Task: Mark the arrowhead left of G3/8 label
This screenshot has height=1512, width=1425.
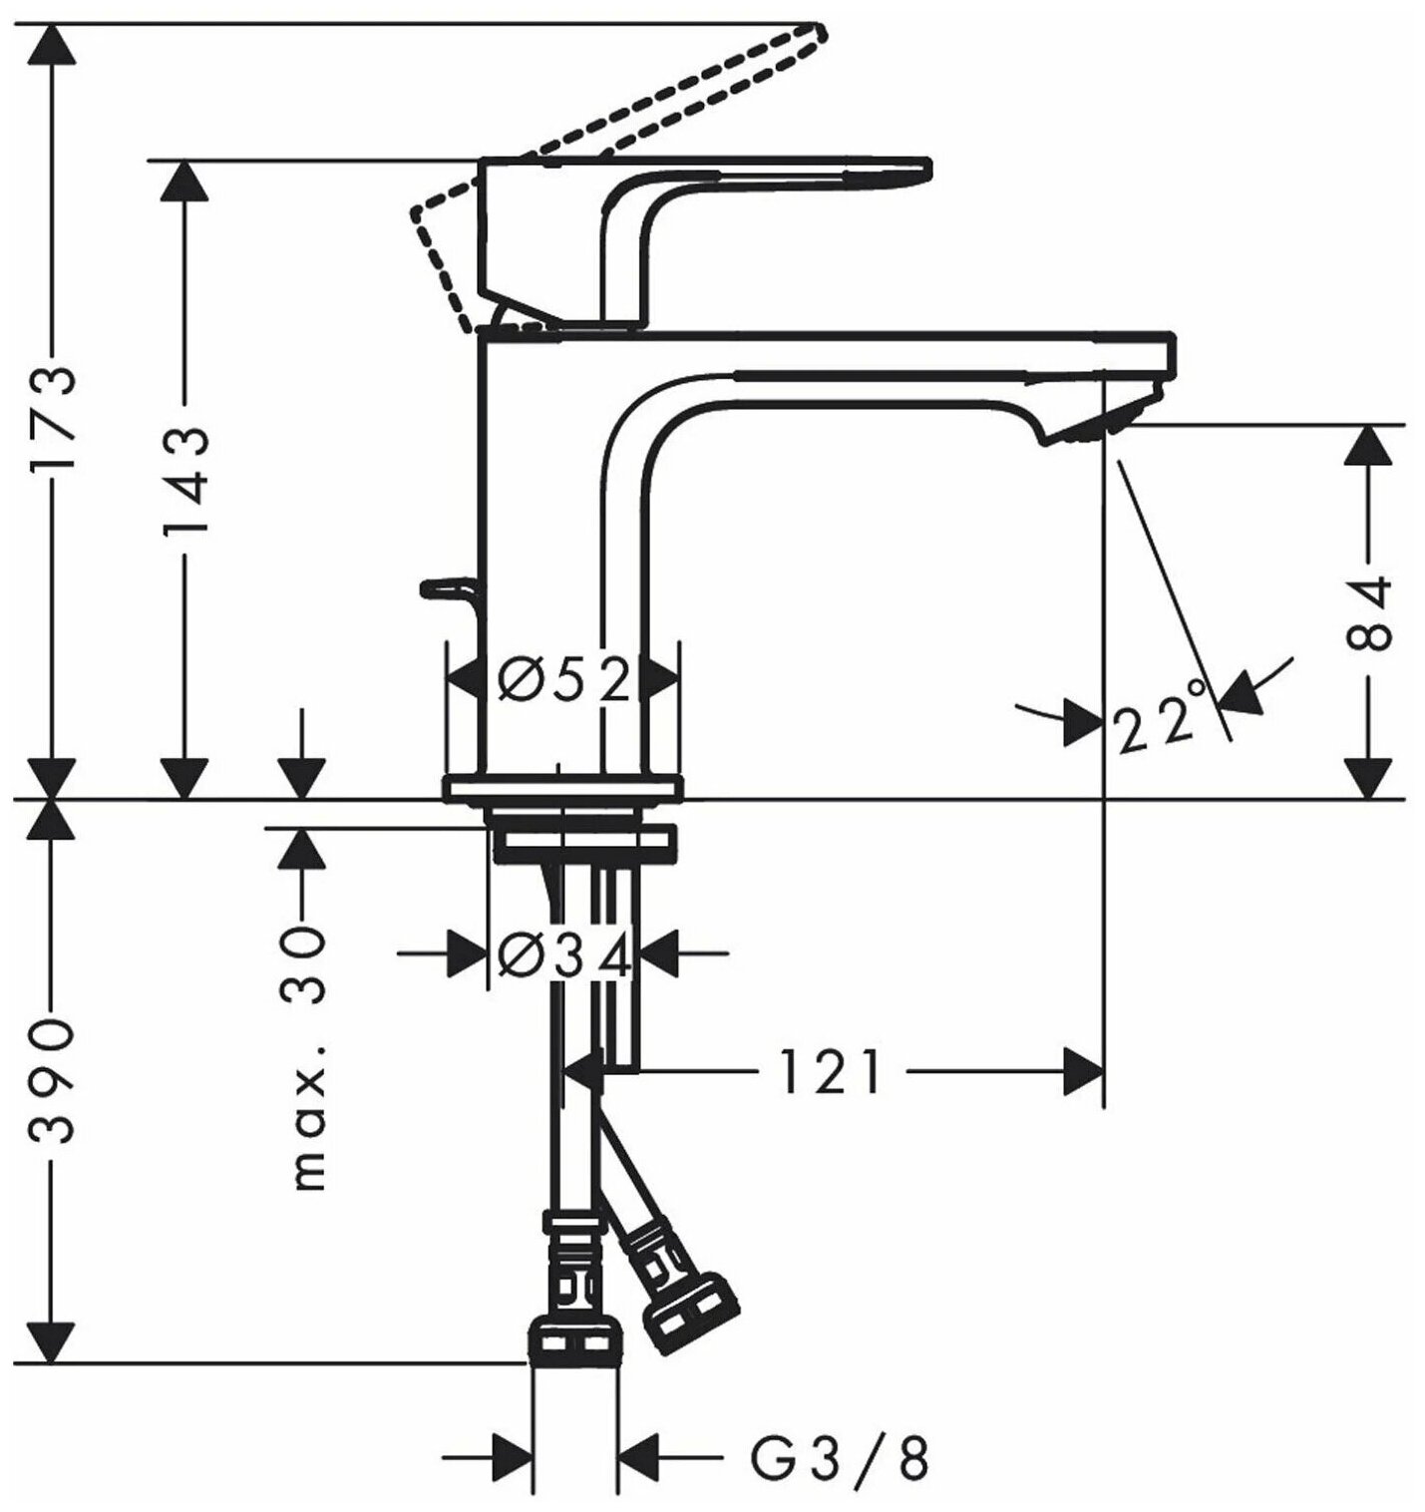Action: pyautogui.click(x=514, y=1461)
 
